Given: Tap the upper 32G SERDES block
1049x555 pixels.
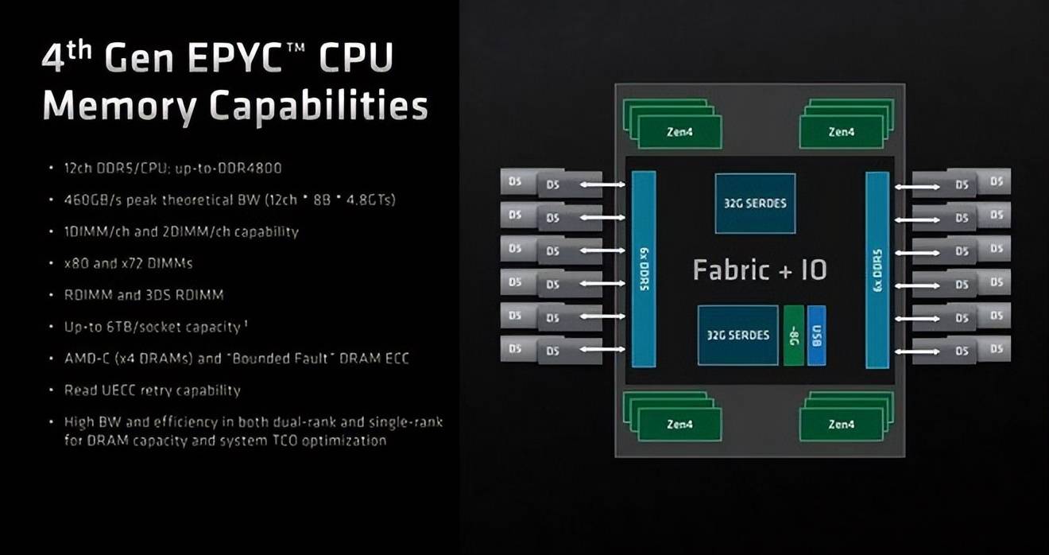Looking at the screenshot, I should [754, 203].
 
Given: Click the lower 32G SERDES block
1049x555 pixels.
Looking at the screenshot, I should [737, 335].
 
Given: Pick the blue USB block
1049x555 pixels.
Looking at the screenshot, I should [816, 336].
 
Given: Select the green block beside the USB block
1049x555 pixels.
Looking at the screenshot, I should [793, 336].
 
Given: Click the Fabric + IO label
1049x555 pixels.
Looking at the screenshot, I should [760, 270].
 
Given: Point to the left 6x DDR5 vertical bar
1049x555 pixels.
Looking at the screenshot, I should [644, 270].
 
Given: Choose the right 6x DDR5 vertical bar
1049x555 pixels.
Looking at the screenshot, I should [877, 270].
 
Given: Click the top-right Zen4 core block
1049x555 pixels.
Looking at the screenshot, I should [841, 131].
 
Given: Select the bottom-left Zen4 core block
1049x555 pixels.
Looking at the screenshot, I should [679, 424].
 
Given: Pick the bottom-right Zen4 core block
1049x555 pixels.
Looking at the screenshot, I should [841, 424].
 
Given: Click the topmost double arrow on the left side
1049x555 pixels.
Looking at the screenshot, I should [603, 185].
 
